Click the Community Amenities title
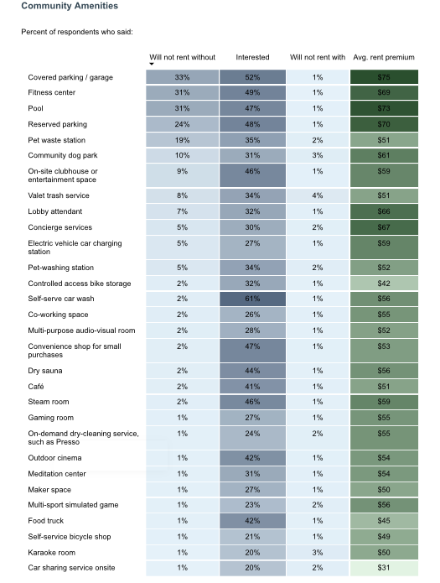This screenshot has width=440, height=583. pos(70,6)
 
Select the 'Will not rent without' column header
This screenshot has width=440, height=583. pos(182,57)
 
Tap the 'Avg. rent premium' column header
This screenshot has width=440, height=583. pos(384,57)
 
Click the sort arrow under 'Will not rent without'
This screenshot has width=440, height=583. pos(152,65)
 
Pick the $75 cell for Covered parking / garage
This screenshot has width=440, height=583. pos(384,77)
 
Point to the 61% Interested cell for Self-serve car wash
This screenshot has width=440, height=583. pos(252,299)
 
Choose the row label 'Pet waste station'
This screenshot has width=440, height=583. pos(56,140)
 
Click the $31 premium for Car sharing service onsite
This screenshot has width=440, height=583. pos(384,568)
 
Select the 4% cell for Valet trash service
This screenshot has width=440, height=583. pos(318,195)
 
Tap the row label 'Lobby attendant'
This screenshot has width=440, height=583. pos(55,211)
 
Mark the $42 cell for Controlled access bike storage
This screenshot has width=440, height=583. pos(384,284)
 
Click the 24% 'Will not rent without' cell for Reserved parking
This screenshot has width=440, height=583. pos(182,124)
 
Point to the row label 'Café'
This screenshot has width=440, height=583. pos(36,387)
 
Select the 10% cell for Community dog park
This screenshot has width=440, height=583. pos(182,155)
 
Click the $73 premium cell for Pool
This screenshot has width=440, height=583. pos(384,108)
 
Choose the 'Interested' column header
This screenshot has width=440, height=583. pos(252,57)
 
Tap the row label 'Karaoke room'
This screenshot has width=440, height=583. pos(51,553)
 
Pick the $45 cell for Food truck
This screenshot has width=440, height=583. pos(384,521)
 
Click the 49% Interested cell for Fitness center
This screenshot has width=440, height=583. pos(252,92)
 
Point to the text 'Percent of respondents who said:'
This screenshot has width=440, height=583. pos(77,32)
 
